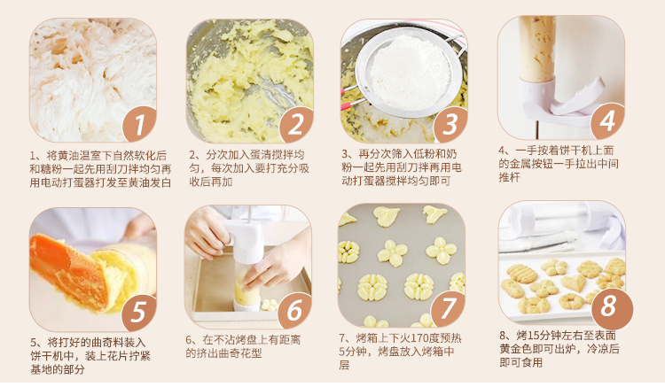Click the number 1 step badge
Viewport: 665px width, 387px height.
pos(139,125)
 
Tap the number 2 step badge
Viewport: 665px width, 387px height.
pos(295,125)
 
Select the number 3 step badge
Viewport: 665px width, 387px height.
pos(450,125)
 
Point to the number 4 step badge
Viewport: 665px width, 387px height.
pos(607,121)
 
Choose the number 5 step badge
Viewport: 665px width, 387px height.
pos(139,313)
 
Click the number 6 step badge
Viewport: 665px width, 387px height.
pos(294,311)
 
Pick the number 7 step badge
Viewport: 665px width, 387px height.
pos(448,309)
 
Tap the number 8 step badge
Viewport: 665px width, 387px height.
pos(608,306)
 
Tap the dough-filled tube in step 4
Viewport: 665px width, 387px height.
pos(537,49)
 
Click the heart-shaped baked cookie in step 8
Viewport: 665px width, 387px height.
pos(574,283)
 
